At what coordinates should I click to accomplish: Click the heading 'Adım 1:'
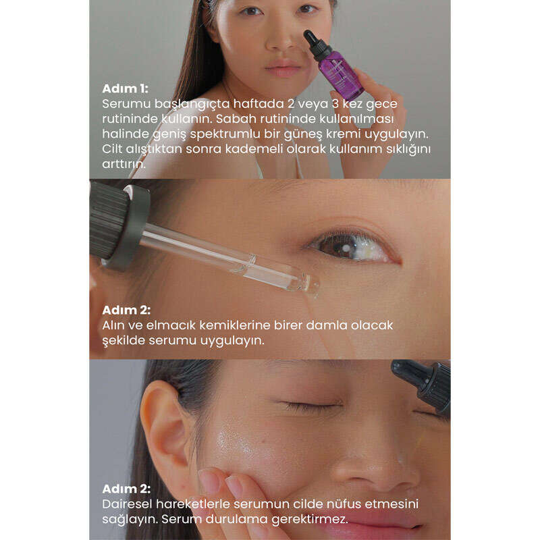(125, 88)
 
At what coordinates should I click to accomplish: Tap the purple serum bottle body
(340, 75)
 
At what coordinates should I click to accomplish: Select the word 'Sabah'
(236, 119)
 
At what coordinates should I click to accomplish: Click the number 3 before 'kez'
(335, 104)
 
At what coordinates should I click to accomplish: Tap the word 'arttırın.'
(124, 164)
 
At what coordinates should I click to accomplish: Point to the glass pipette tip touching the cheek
(312, 285)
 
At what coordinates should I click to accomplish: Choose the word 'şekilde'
(124, 341)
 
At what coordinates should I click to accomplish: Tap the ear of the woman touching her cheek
(165, 424)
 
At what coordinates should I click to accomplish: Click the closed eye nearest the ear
(309, 406)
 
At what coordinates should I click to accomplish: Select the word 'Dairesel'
(127, 504)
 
